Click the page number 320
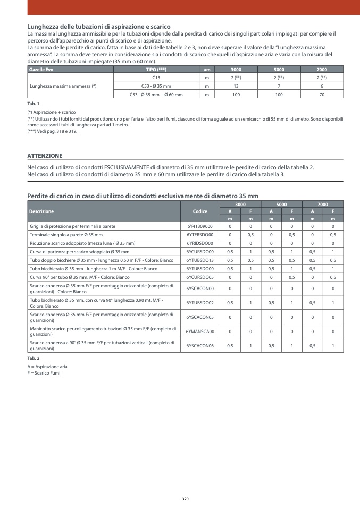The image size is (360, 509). [185, 499]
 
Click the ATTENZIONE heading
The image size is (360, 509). [45, 156]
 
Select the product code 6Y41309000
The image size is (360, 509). [200, 226]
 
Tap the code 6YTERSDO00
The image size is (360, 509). [200, 234]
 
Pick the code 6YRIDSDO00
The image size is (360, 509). [200, 243]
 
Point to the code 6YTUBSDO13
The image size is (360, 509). [200, 260]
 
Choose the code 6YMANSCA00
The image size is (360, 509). [200, 331]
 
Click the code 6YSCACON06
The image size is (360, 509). [200, 346]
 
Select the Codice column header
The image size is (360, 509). [200, 211]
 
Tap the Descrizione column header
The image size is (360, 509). [41, 211]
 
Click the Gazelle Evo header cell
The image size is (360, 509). [41, 70]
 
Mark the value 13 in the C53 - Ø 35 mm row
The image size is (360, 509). [236, 86]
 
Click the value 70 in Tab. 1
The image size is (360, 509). [321, 94]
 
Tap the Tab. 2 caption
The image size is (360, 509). [33, 358]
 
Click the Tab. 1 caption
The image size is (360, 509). [33, 103]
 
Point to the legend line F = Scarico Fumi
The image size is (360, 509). [44, 373]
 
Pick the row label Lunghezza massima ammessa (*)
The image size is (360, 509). [63, 86]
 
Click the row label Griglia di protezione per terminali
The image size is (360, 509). [72, 226]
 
